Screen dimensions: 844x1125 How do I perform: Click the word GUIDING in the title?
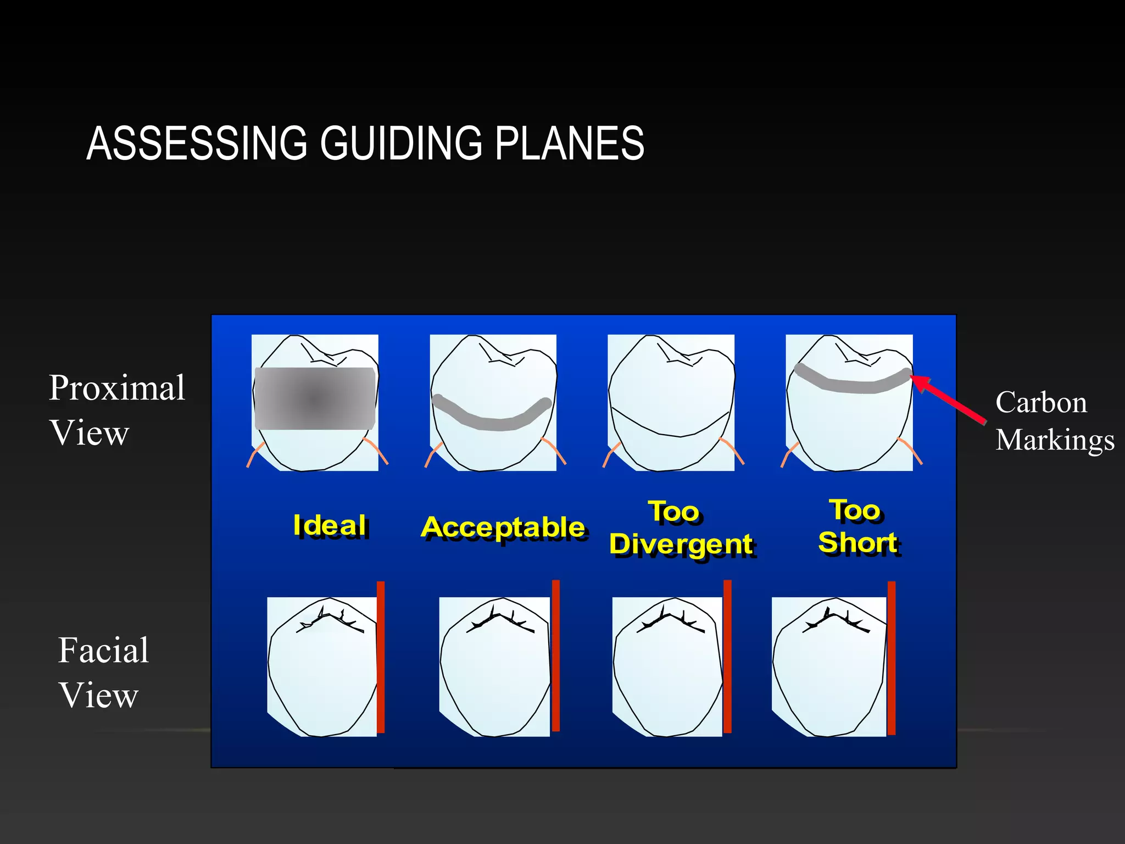click(x=401, y=144)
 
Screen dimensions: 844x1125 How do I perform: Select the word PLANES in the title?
click(x=569, y=144)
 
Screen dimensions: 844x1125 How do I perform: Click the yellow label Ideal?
click(x=330, y=525)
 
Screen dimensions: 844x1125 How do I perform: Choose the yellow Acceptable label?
click(x=503, y=527)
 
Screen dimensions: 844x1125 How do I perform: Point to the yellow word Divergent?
click(x=681, y=544)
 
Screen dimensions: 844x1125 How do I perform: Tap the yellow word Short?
click(x=857, y=542)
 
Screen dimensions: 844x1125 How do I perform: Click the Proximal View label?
click(x=116, y=410)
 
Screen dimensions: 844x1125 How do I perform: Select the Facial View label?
click(x=103, y=672)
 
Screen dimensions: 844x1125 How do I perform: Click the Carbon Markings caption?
click(x=1054, y=421)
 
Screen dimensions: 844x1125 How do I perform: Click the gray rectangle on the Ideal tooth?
click(x=315, y=398)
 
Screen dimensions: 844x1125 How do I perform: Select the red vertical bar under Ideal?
click(x=381, y=657)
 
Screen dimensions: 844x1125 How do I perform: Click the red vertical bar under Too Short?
click(x=892, y=658)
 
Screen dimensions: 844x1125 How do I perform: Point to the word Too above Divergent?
click(x=674, y=512)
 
